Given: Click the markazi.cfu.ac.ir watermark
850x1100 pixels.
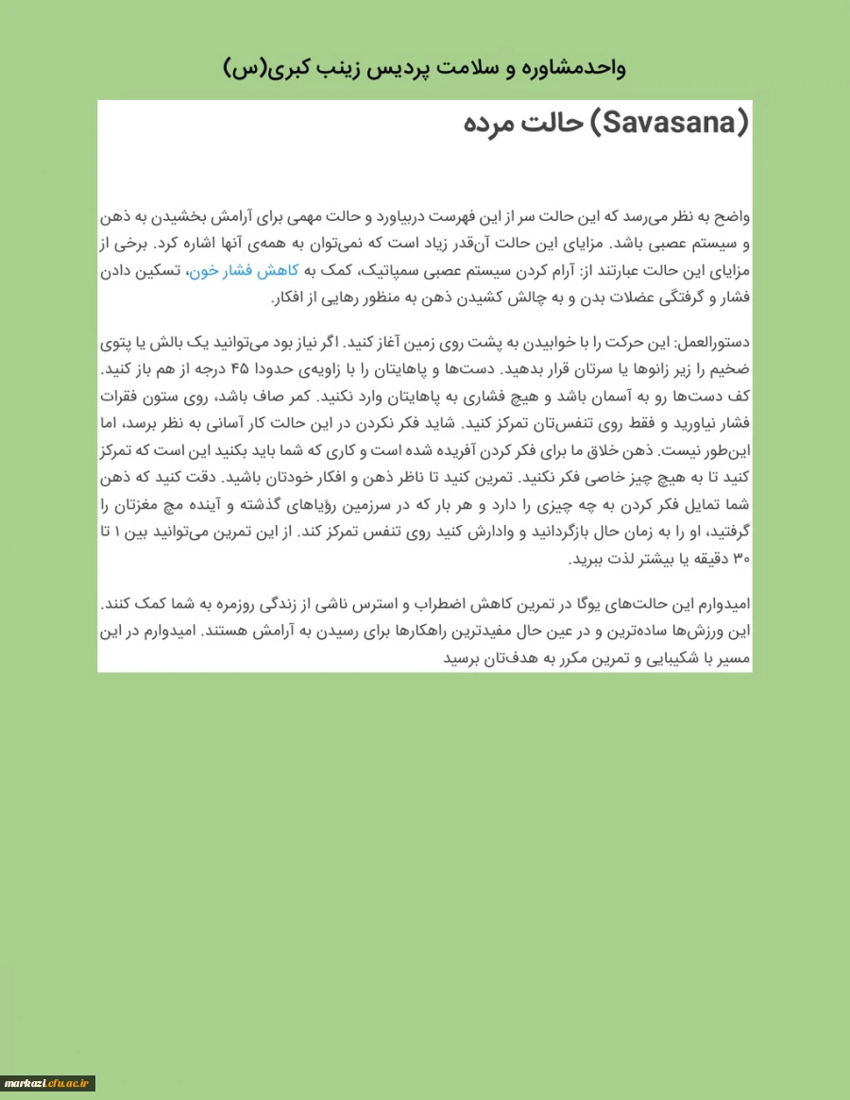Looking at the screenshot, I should [x=48, y=1083].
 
